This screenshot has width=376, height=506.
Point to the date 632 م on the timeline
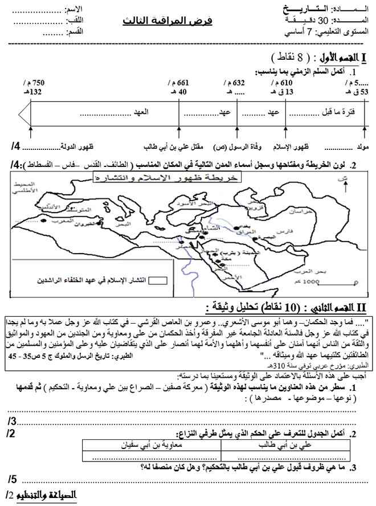(x=235, y=83)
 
